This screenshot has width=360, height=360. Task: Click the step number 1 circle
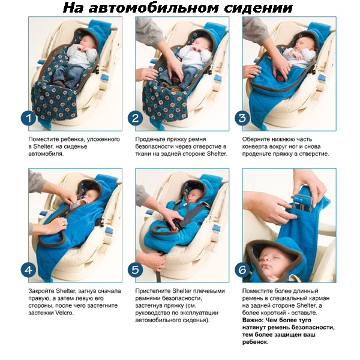point(28,118)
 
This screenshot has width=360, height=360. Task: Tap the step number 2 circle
point(136,118)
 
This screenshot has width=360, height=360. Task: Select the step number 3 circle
point(242,118)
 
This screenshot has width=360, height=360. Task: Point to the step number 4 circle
point(28,269)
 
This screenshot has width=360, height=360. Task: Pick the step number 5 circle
point(136,269)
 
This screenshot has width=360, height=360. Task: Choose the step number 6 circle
point(242,269)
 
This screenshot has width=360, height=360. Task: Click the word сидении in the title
point(258,8)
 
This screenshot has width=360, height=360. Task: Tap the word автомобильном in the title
point(154,8)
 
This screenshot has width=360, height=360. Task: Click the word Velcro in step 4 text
point(64,313)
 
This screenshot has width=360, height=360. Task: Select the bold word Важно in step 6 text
point(253,320)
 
